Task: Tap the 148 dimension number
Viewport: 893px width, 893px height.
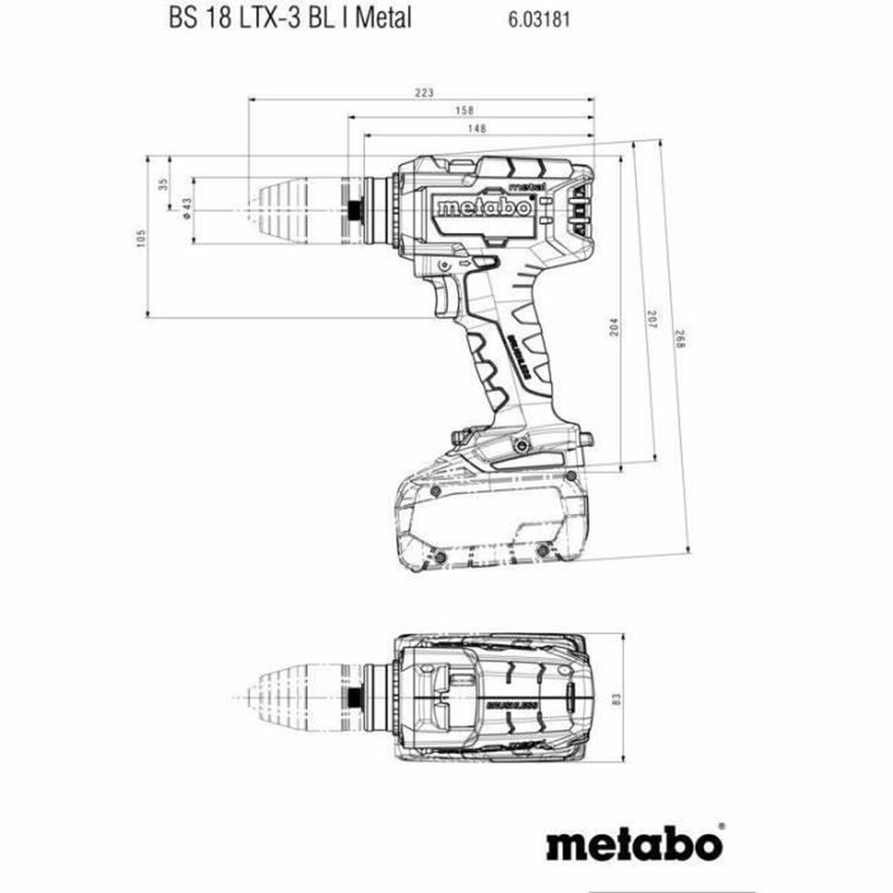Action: click(x=477, y=129)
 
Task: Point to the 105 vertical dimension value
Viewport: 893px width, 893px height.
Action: click(x=141, y=237)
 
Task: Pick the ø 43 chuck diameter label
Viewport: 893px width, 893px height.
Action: click(x=187, y=211)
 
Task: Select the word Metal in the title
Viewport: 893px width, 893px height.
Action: click(x=383, y=19)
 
